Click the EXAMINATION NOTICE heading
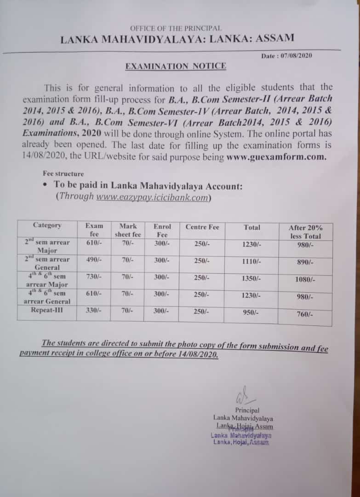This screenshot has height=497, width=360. click(176, 66)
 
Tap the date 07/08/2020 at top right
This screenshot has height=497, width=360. click(293, 56)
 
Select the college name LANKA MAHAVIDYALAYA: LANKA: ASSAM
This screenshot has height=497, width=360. click(177, 39)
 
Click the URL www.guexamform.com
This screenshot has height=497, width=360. click(276, 157)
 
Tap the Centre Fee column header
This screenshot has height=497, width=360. click(202, 227)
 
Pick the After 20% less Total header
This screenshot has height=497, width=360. click(305, 232)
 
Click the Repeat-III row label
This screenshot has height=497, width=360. click(45, 311)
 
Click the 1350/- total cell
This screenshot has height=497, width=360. click(251, 278)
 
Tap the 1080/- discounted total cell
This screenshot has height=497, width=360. click(305, 279)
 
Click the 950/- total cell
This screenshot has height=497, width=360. click(251, 312)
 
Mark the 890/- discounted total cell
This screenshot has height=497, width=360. click(305, 262)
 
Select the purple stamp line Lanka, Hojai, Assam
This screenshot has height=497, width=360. click(241, 442)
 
